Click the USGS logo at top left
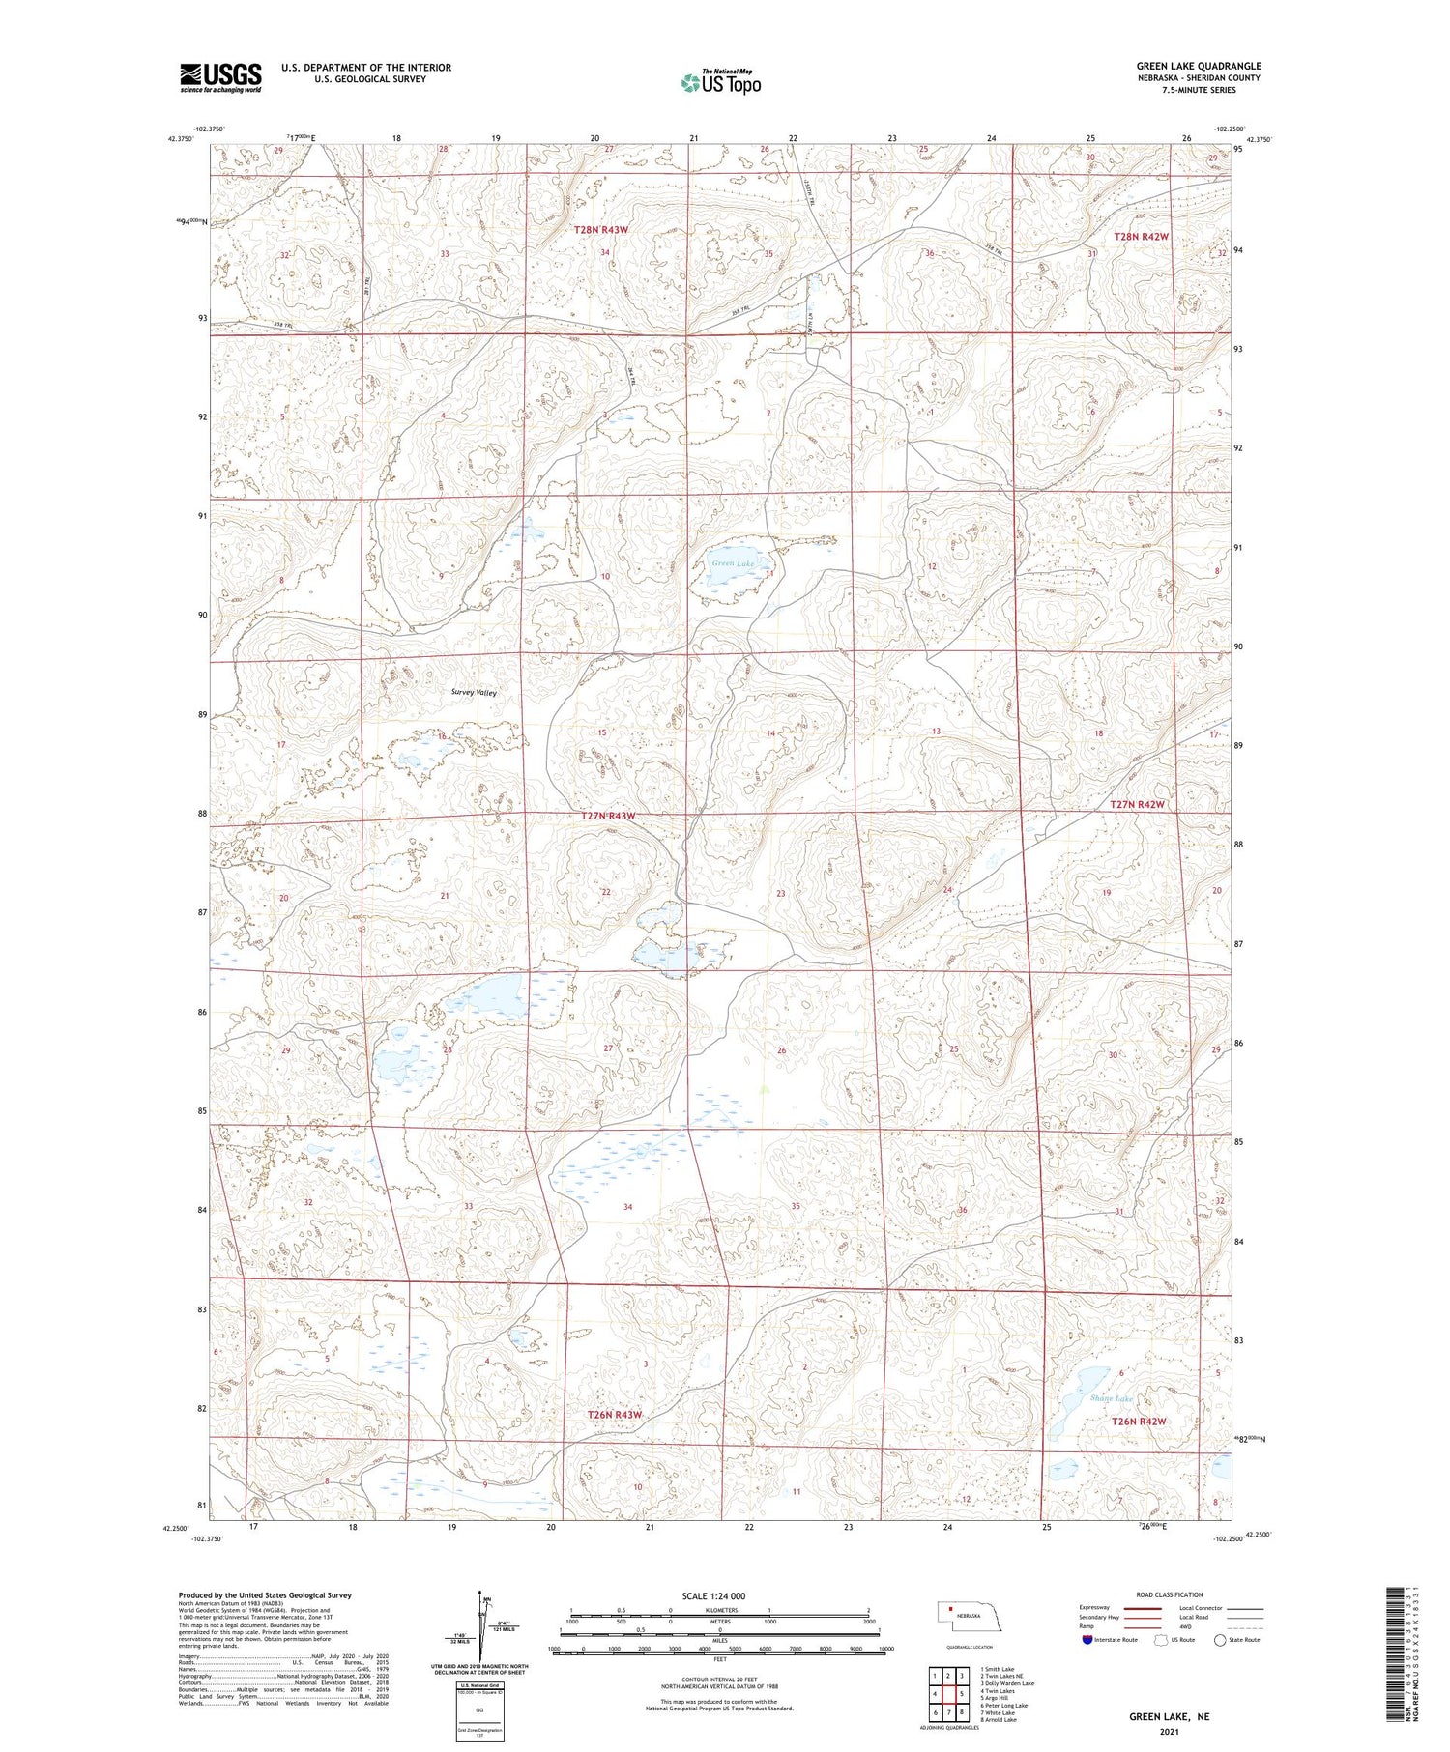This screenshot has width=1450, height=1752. point(220,77)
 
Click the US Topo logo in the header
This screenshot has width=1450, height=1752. point(720,82)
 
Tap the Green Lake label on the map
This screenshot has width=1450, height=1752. point(732,563)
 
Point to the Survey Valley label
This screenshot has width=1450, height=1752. point(474,693)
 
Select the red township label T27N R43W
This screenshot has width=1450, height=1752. point(608,816)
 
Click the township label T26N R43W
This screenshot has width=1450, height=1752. point(615,1415)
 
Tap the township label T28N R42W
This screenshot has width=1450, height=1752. point(1141,236)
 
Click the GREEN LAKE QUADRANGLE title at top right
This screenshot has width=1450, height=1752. point(1198,66)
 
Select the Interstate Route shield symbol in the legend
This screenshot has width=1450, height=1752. point(1088,1640)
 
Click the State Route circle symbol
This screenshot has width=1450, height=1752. point(1220,1640)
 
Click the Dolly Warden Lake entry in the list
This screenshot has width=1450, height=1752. point(1006,1683)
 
